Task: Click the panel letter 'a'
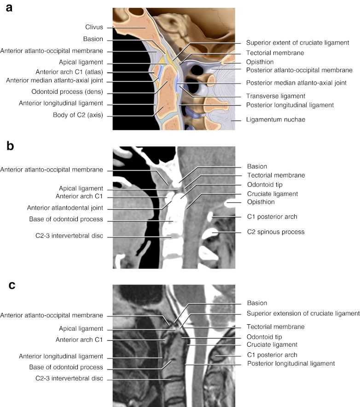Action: [x=9, y=9]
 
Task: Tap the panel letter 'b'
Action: [x=11, y=147]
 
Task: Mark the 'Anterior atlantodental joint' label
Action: [x=64, y=207]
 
